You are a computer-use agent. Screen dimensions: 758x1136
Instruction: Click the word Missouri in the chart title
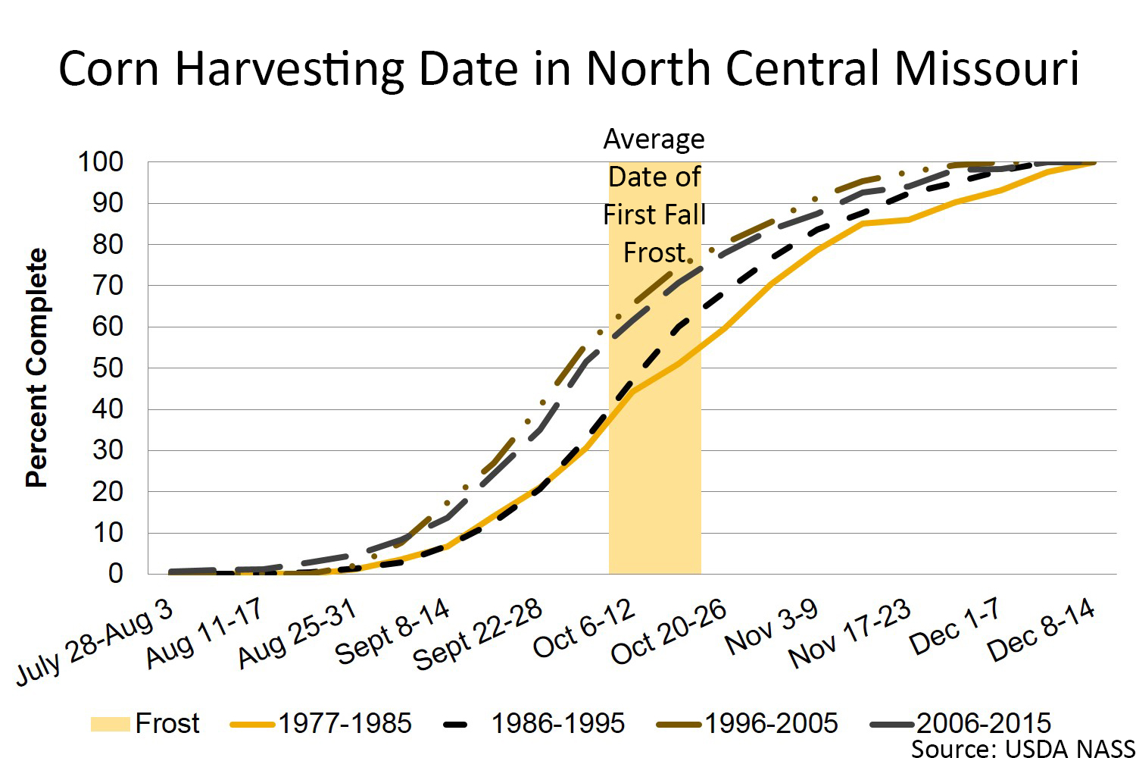(x=986, y=68)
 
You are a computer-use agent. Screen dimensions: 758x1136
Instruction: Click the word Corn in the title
(x=109, y=68)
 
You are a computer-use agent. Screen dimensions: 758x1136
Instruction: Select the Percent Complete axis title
(x=36, y=368)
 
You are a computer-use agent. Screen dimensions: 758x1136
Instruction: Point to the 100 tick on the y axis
(x=100, y=161)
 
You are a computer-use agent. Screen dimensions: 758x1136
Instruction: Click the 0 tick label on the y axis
(x=115, y=574)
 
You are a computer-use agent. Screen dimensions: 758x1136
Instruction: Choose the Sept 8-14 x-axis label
(x=392, y=631)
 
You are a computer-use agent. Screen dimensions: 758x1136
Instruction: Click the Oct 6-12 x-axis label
(x=584, y=628)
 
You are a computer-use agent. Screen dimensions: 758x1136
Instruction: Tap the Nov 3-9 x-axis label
(x=771, y=627)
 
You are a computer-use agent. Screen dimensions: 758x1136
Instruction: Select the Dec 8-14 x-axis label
(x=1041, y=629)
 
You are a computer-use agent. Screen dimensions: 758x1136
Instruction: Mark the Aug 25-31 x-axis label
(x=297, y=635)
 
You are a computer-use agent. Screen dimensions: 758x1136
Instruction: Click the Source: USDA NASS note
(x=1022, y=748)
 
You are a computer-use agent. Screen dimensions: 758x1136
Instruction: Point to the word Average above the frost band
(x=654, y=139)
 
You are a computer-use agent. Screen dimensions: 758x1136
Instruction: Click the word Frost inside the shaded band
(x=654, y=252)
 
